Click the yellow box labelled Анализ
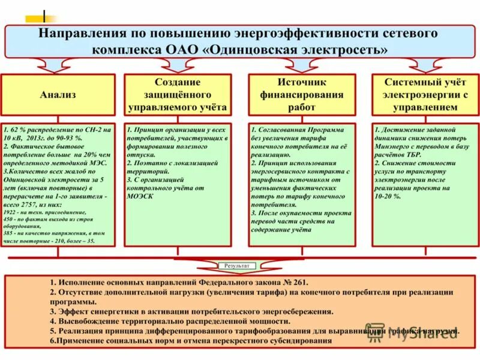(x=58, y=95)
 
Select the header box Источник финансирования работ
(x=302, y=95)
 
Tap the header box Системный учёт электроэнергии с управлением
(x=425, y=95)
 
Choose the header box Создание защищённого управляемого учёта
(x=178, y=95)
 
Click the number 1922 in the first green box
(x=11, y=213)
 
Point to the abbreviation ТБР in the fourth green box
(x=408, y=154)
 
